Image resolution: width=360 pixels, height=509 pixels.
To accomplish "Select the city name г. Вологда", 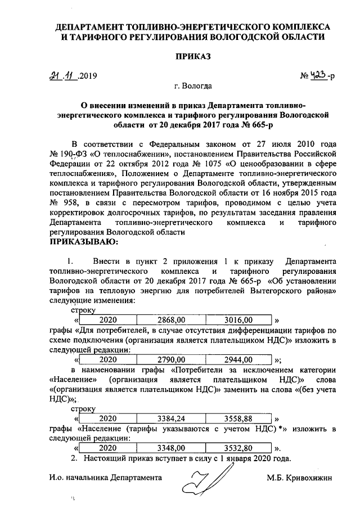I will tap(193, 87).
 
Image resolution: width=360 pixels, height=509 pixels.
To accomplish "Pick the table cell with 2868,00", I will tap(172, 319).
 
